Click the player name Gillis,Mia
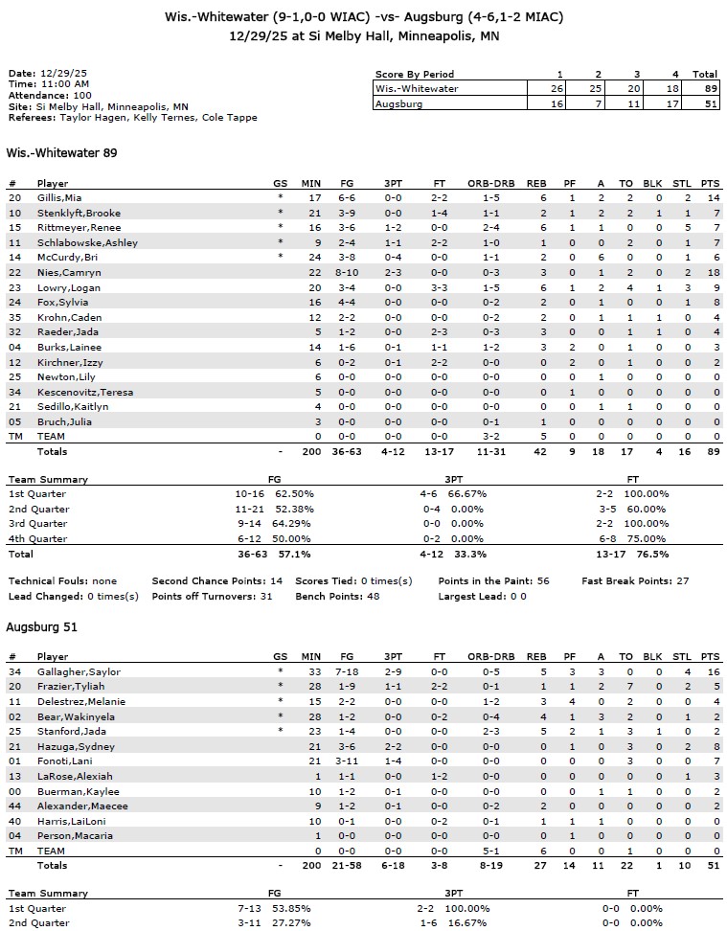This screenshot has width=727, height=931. (58, 197)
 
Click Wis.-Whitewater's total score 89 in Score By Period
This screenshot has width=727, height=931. (705, 88)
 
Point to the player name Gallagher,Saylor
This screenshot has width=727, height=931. (79, 672)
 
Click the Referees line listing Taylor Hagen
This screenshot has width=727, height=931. (132, 118)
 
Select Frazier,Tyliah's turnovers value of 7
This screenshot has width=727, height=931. (626, 687)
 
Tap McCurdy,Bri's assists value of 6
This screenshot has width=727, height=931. (602, 258)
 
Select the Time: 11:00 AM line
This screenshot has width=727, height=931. (44, 84)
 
